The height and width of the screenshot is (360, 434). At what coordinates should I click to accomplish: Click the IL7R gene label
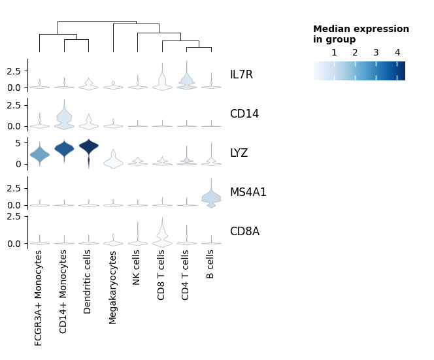[x=241, y=75]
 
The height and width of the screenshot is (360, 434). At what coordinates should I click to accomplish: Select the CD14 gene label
[x=244, y=114]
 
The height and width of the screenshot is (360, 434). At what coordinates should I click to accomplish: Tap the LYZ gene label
[x=239, y=154]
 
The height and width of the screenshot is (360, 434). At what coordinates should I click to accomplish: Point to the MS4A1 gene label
[x=248, y=193]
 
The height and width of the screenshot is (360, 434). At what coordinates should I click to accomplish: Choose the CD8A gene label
[x=244, y=232]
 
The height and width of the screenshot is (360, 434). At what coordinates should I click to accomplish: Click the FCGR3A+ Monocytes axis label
[x=39, y=298]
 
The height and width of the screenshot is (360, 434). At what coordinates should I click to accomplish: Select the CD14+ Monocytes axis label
[x=64, y=291]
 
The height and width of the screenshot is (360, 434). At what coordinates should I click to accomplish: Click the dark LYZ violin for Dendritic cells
[x=88, y=146]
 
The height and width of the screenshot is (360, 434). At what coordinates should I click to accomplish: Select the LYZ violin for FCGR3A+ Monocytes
[x=39, y=154]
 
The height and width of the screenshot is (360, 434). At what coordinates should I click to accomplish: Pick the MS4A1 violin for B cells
[x=211, y=197]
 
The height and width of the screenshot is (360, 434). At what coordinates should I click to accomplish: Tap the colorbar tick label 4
[x=397, y=52]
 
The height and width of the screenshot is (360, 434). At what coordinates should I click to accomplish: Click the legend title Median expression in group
[x=361, y=34]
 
